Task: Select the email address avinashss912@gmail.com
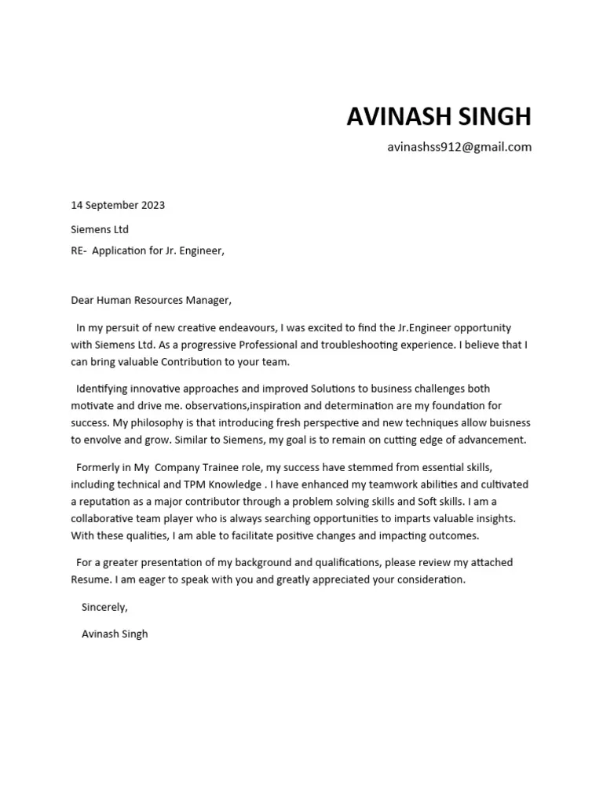459,147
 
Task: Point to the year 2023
153,206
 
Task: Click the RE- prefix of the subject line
79,251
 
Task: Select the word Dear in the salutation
82,300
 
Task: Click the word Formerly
99,467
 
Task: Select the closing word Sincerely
104,607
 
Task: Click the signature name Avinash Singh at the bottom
115,634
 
